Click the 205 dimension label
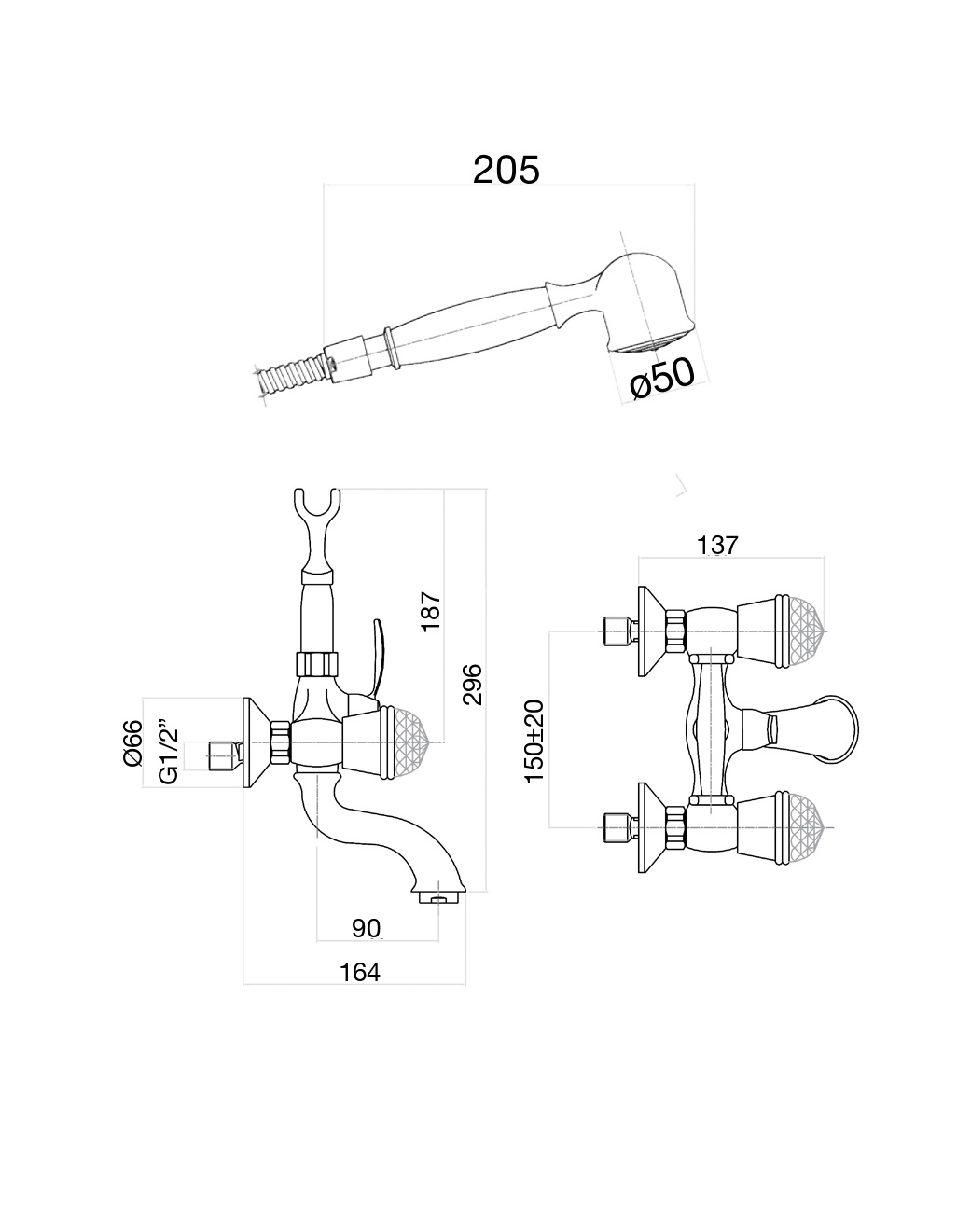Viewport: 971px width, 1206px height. (506, 169)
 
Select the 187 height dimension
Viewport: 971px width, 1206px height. (432, 610)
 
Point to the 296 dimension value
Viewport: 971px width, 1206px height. (473, 684)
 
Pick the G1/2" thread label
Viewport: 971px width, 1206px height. (168, 751)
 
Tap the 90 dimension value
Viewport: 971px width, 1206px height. (366, 928)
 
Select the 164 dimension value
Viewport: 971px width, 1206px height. (359, 972)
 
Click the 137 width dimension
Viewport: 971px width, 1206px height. (717, 545)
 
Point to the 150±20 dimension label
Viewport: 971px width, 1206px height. (534, 742)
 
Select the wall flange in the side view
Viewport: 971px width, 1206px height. (249, 743)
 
